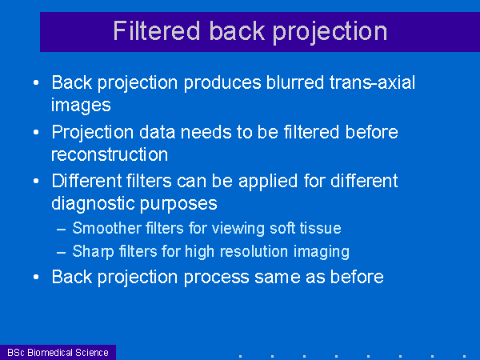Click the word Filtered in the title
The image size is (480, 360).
click(157, 30)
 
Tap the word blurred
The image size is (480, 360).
click(295, 82)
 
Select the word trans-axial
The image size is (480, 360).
click(372, 82)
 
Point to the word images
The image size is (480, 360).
click(81, 106)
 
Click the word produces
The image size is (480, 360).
click(222, 83)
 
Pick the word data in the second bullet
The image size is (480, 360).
click(158, 132)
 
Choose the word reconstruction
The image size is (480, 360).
click(110, 154)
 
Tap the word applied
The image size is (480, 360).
click(268, 182)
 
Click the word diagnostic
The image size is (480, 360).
click(93, 204)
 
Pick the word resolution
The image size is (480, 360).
click(254, 251)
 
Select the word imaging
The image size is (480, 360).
click(322, 253)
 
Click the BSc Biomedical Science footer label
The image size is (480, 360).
click(58, 353)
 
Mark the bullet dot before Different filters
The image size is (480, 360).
click(36, 182)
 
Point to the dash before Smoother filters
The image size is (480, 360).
click(62, 229)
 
